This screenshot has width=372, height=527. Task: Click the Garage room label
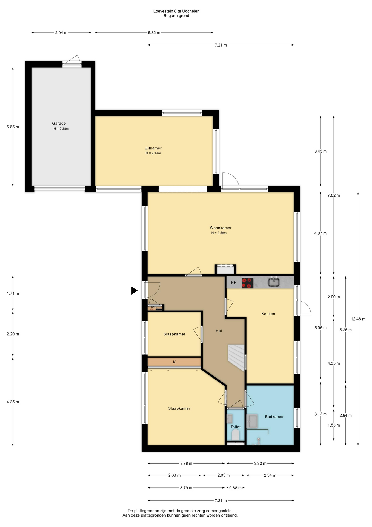pyautogui.click(x=59, y=124)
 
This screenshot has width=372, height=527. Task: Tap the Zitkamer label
pyautogui.click(x=153, y=148)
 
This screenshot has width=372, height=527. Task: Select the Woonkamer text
pyautogui.click(x=221, y=228)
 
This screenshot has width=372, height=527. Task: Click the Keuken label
pyautogui.click(x=268, y=314)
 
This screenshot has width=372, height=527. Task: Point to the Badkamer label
pyautogui.click(x=274, y=417)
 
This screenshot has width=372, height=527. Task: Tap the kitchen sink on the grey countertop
pyautogui.click(x=273, y=282)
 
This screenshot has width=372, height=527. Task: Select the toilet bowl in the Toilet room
pyautogui.click(x=236, y=435)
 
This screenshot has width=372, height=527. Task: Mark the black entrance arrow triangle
pyautogui.click(x=134, y=290)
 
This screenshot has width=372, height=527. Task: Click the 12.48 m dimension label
pyautogui.click(x=358, y=319)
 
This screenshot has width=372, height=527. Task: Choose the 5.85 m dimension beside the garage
pyautogui.click(x=13, y=127)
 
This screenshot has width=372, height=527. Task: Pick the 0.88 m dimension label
pyautogui.click(x=236, y=488)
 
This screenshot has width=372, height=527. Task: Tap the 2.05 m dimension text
pyautogui.click(x=224, y=475)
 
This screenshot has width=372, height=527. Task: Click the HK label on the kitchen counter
pyautogui.click(x=234, y=283)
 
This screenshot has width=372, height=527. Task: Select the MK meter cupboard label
pyautogui.click(x=154, y=307)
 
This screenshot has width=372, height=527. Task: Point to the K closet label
pyautogui.click(x=174, y=362)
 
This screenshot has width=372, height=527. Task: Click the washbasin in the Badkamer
pyautogui.click(x=252, y=421)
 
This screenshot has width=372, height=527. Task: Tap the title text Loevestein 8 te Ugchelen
pyautogui.click(x=176, y=11)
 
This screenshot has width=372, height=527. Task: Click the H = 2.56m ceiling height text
pyautogui.click(x=219, y=233)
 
